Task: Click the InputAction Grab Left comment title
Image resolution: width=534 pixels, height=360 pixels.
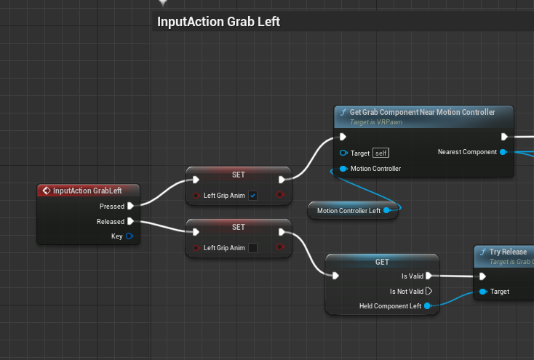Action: tap(218, 22)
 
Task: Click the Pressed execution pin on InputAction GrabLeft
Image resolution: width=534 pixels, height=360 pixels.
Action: tap(130, 207)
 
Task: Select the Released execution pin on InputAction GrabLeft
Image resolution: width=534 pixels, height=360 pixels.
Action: tap(130, 221)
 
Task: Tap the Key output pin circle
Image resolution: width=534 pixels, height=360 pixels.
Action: tap(129, 236)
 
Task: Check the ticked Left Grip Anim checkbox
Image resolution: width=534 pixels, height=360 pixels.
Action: tap(252, 196)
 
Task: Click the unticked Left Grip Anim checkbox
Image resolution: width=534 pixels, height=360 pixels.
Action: tap(252, 248)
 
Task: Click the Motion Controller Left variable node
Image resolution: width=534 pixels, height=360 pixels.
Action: tap(348, 211)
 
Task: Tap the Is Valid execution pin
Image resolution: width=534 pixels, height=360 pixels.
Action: tap(429, 276)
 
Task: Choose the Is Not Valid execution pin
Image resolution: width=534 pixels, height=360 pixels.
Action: tap(429, 291)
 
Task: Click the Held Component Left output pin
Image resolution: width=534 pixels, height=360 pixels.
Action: tap(428, 306)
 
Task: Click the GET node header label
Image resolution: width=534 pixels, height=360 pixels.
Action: tap(382, 262)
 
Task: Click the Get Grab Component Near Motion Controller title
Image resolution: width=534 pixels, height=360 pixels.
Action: tap(422, 112)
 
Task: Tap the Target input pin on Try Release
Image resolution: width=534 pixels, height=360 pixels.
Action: tap(482, 292)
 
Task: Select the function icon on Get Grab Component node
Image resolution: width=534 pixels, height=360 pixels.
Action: tap(343, 113)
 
